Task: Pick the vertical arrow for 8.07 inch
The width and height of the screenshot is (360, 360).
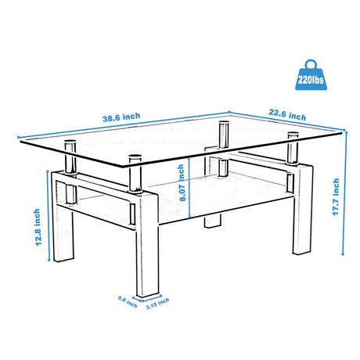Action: click(189, 184)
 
